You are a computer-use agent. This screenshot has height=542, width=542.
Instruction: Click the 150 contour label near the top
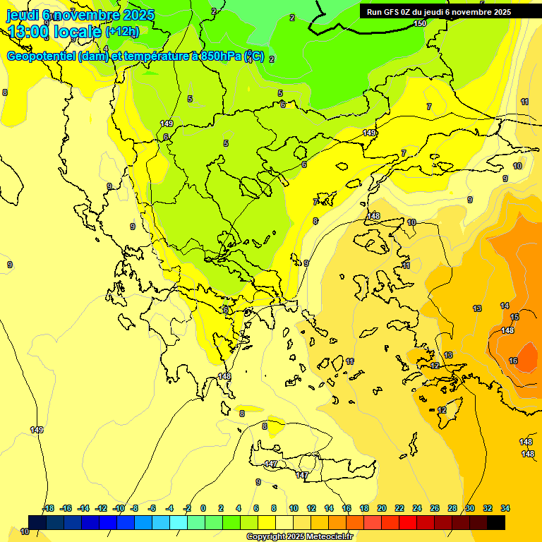(420, 23)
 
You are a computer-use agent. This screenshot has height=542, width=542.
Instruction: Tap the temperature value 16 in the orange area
(513, 361)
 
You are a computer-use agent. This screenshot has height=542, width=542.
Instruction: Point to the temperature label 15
(514, 317)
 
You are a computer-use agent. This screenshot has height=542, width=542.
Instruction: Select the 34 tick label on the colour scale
(505, 508)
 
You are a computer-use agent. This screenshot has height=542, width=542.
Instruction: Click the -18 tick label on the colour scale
(48, 508)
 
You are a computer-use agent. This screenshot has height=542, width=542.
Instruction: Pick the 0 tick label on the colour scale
(203, 508)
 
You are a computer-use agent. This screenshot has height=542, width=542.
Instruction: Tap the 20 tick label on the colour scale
(382, 508)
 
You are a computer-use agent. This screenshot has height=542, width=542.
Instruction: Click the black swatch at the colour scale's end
(496, 522)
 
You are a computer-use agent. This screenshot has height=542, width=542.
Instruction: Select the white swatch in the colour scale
(284, 522)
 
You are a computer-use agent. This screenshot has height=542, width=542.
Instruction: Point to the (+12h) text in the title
(122, 31)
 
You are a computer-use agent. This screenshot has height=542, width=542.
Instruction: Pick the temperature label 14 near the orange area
(505, 306)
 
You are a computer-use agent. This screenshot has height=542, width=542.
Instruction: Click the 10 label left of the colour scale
(25, 531)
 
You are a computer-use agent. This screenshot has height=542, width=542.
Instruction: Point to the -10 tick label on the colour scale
(119, 508)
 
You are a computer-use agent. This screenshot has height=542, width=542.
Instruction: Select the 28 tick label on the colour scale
(452, 508)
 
